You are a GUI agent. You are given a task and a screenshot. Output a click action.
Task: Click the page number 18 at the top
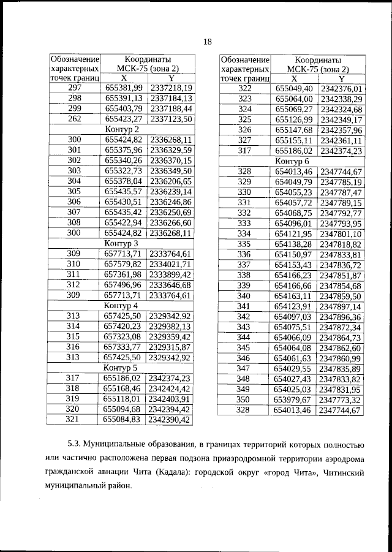[207, 42]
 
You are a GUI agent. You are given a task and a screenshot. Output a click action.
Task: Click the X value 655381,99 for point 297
[123, 88]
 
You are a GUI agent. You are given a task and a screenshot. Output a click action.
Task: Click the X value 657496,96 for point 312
[123, 285]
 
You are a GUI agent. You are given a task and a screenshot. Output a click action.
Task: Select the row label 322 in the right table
[245, 88]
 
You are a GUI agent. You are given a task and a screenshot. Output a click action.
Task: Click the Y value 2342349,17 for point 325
[341, 119]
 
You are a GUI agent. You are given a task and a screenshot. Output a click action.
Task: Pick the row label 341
[245, 306]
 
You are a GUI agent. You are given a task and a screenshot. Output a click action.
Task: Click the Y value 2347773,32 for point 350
[341, 399]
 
